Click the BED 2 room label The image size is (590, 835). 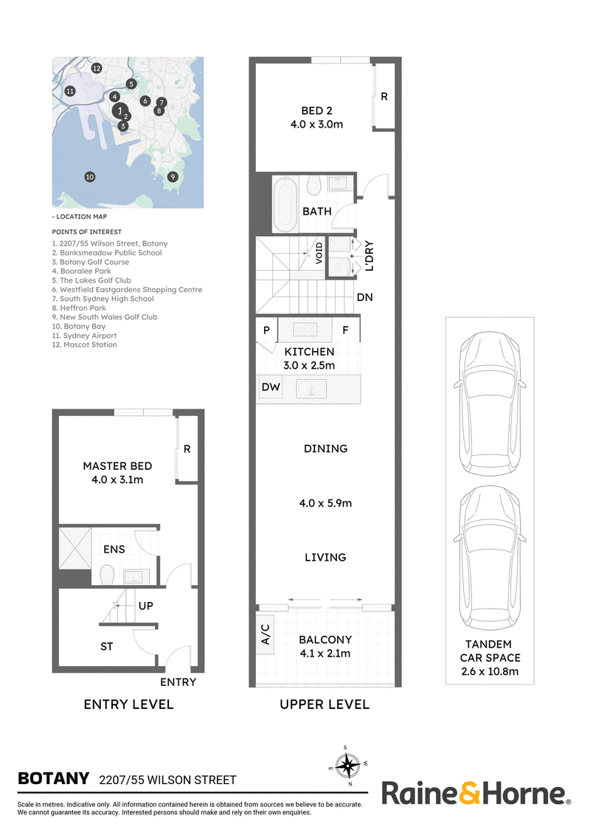point(317,111)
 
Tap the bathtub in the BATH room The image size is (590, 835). point(285,204)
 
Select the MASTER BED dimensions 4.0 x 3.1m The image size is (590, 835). point(117,479)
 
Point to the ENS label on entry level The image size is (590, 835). point(114,549)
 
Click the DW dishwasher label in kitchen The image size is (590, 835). point(271,387)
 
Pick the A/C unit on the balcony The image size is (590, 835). point(265,634)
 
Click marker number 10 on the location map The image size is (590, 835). point(89,177)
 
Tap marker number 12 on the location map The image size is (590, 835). point(97,68)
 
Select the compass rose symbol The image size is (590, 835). point(347,766)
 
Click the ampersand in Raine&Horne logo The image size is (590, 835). point(469,794)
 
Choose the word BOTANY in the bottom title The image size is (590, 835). point(53,778)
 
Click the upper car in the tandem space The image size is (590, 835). point(490,397)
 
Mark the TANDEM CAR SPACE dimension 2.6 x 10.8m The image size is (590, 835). point(490,671)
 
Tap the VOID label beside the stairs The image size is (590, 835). point(319,254)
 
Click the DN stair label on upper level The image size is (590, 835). point(365,297)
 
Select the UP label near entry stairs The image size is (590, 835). point(146,606)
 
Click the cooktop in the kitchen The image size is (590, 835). point(305,330)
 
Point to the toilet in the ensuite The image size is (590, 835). point(108,575)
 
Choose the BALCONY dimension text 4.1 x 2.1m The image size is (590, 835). point(324,654)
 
